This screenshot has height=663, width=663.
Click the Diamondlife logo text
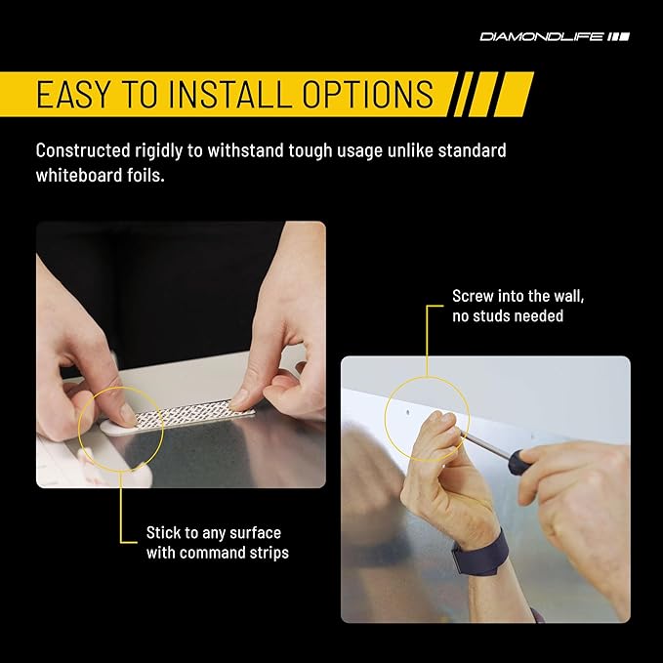pos(541,37)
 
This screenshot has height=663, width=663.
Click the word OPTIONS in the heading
pos(368,94)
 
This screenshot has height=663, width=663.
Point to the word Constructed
pos(83,150)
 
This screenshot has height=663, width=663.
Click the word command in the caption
pos(217,553)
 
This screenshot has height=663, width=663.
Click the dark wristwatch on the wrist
pos(481,554)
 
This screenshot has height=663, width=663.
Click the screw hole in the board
pos(408,411)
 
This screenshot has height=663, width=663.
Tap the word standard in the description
pos(472,150)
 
